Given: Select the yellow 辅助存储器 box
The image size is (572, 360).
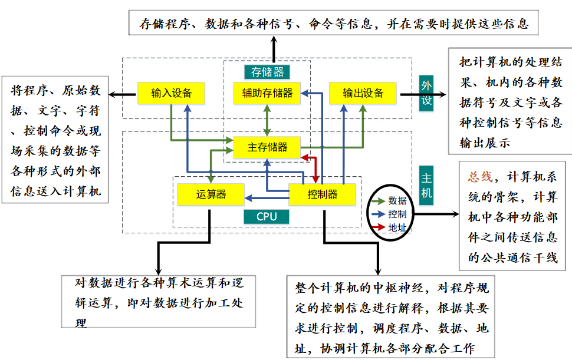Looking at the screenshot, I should click(x=267, y=93).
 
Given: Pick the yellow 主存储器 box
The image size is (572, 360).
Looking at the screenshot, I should click(x=267, y=147).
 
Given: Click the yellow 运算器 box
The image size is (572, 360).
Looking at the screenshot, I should click(x=211, y=194).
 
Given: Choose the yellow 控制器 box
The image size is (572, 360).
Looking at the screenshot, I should click(x=322, y=194).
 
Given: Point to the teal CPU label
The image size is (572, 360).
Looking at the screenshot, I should click(x=267, y=216).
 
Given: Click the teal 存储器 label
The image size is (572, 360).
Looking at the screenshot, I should click(x=267, y=72).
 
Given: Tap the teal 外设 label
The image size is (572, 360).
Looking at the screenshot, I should click(x=426, y=93).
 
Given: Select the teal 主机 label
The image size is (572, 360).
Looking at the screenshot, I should click(x=426, y=184).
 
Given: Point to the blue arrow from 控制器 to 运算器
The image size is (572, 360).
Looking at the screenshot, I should click(x=266, y=199).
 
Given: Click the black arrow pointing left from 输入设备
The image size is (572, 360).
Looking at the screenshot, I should click(x=123, y=93).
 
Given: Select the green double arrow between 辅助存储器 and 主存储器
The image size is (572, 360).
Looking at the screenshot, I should click(x=268, y=120).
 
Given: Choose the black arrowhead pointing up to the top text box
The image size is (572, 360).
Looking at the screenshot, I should click(x=274, y=39).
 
